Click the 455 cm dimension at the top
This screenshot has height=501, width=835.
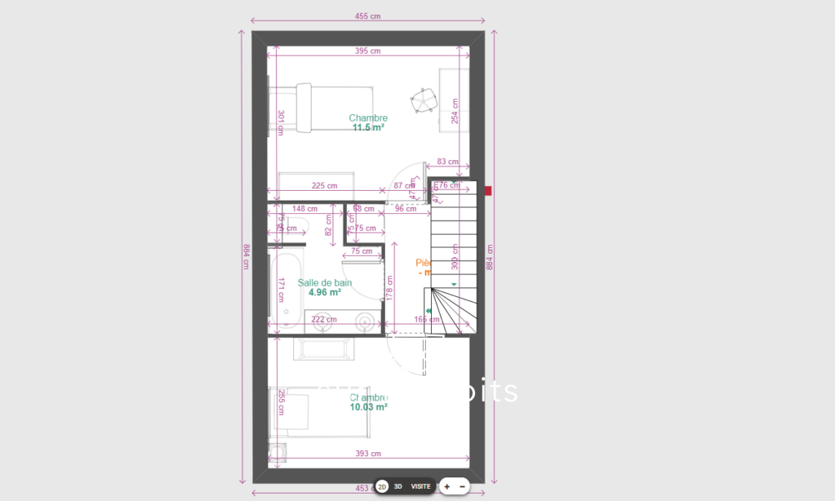367,16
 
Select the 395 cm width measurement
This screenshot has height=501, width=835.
367,51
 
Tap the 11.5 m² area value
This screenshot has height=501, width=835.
368,128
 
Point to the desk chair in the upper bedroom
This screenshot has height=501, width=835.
424,101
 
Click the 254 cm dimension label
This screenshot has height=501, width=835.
455,111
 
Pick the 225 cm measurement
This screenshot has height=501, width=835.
324,185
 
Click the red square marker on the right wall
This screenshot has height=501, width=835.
488,191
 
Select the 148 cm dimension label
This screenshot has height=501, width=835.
304,209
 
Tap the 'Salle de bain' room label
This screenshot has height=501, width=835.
325,282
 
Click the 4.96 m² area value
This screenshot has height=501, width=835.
325,292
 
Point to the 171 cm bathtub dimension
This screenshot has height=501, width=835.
280,290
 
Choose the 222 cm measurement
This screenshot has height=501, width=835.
324,319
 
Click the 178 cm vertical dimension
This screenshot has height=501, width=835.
389,287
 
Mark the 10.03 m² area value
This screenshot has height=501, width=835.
368,407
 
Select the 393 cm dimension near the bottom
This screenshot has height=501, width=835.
368,454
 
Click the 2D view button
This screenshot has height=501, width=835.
382,486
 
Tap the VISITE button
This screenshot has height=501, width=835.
420,486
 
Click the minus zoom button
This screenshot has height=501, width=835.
463,486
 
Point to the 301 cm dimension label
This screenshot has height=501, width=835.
280,122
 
